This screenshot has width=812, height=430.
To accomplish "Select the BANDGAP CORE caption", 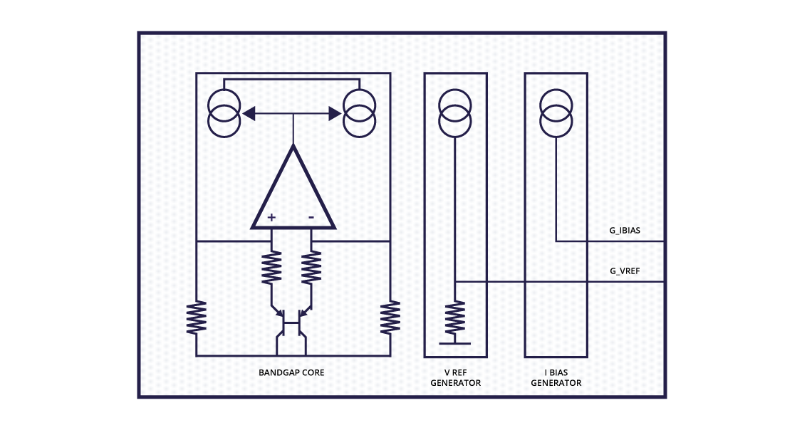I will (291, 372).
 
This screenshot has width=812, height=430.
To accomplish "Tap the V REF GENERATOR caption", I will (455, 378).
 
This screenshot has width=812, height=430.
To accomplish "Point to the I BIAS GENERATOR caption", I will (556, 378).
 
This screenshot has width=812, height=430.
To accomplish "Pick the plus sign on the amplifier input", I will (271, 216).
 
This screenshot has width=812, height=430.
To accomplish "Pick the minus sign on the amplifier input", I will (312, 216).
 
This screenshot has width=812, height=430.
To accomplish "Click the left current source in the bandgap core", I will (224, 112).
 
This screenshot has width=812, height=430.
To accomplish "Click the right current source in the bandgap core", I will (359, 112).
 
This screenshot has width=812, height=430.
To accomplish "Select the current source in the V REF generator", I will (455, 112).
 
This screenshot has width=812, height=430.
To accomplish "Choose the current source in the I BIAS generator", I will (556, 112).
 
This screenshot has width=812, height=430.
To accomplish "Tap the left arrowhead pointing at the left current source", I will (249, 112).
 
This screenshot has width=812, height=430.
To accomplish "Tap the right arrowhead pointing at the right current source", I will (334, 112).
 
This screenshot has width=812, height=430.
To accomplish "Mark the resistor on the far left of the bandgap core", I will (197, 318).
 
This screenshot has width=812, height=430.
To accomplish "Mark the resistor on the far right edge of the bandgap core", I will (390, 318).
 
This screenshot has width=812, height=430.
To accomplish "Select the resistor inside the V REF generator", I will (455, 318).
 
